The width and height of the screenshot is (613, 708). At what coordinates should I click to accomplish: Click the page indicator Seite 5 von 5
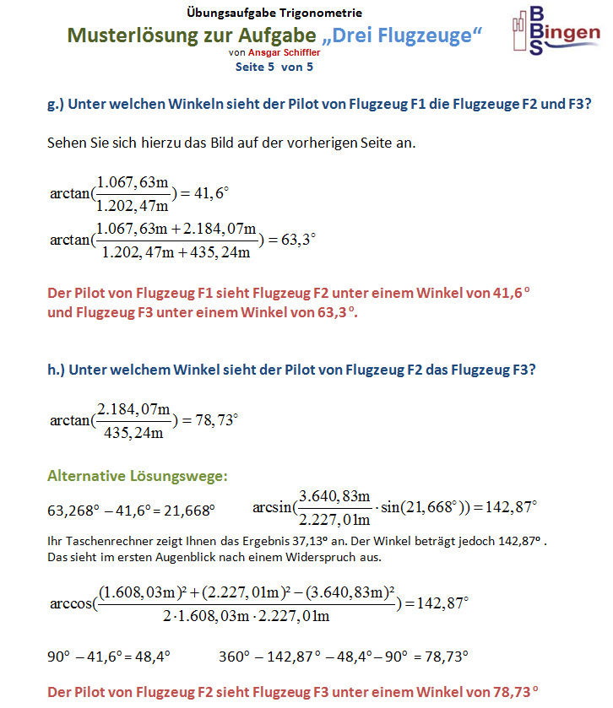pyautogui.click(x=274, y=66)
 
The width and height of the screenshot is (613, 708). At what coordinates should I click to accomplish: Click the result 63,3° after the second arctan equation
pyautogui.click(x=297, y=240)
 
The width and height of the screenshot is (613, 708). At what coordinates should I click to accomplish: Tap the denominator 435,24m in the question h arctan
pyautogui.click(x=131, y=435)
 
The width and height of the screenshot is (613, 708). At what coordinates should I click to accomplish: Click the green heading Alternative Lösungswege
pyautogui.click(x=137, y=477)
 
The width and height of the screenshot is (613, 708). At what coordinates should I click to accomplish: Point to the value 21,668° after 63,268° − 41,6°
pyautogui.click(x=190, y=511)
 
